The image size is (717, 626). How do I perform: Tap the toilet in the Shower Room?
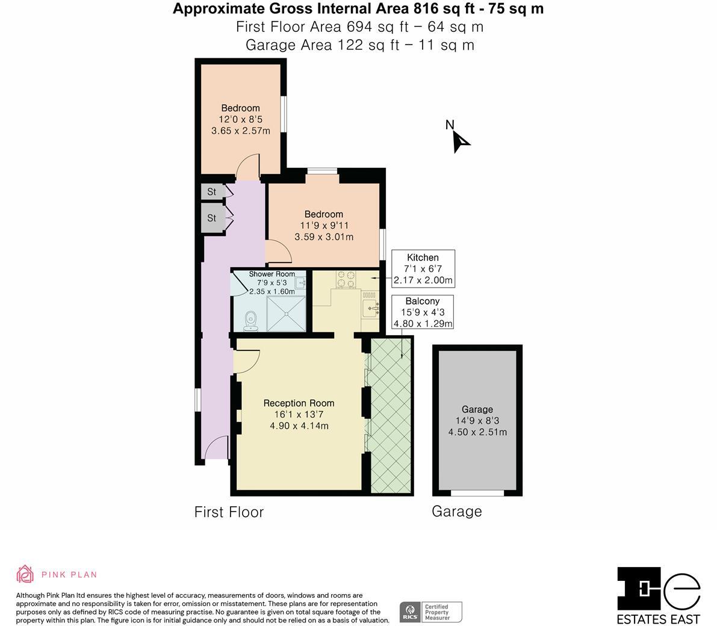click(251, 321)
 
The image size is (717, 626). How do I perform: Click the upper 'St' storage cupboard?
click(212, 191)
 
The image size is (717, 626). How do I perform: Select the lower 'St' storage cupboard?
click(212, 218)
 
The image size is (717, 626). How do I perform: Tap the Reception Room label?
click(299, 403)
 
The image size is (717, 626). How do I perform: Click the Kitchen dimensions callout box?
click(423, 268)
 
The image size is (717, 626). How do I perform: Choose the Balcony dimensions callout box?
click(423, 312)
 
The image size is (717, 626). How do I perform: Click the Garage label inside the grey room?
click(477, 409)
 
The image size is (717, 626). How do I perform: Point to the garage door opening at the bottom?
click(477, 493)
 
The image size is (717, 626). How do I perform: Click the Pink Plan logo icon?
click(25, 574)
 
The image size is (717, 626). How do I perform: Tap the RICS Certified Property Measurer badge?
click(431, 612)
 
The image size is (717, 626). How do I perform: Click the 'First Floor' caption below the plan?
click(229, 512)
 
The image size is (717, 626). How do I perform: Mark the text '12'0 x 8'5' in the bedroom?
click(240, 120)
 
